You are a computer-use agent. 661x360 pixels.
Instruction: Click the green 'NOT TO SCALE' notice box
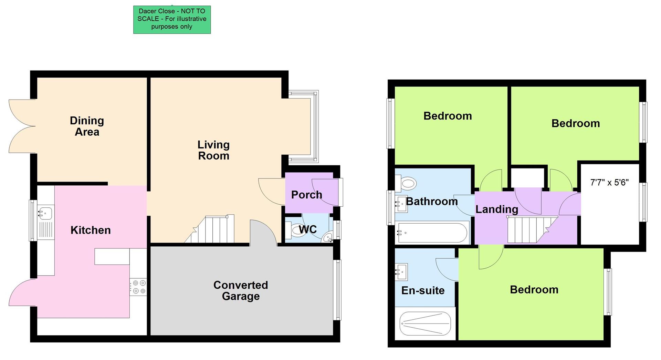click(172, 19)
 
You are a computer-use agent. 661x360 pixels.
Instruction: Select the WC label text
click(308, 229)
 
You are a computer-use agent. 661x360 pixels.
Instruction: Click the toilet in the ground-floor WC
click(294, 230)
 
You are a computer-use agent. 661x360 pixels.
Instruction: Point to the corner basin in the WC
click(327, 238)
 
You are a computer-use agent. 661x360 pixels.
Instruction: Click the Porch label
click(306, 195)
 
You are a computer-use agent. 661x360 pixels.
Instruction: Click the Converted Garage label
click(240, 290)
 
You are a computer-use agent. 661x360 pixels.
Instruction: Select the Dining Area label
click(87, 126)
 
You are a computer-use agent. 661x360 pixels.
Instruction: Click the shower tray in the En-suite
click(425, 323)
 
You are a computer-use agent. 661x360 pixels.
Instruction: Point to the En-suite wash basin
click(401, 272)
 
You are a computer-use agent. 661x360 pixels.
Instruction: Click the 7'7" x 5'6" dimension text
click(609, 183)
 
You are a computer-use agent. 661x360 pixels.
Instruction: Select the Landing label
click(496, 209)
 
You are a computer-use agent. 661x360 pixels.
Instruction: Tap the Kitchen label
click(91, 230)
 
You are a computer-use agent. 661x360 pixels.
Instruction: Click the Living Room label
click(213, 150)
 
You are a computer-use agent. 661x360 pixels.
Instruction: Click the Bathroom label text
click(432, 201)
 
